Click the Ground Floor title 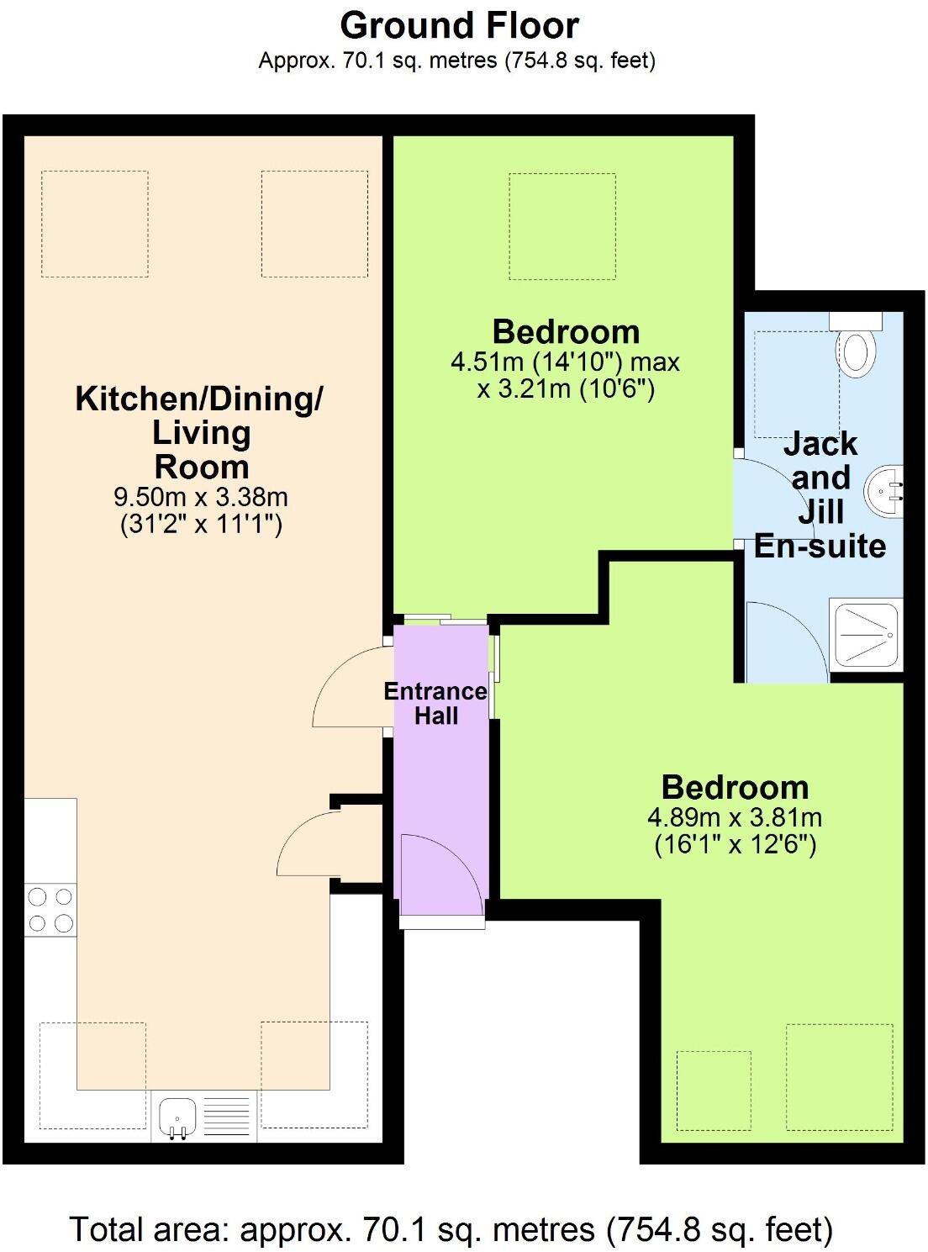(460, 26)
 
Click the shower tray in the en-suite (866, 635)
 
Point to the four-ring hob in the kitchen (50, 910)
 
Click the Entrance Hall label (435, 703)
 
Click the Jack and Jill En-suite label (820, 494)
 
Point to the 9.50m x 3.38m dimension (201, 497)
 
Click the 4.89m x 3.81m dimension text (735, 816)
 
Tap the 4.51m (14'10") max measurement (565, 362)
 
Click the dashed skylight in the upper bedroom (562, 226)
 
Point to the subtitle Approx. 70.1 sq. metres (457, 60)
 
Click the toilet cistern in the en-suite (855, 320)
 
